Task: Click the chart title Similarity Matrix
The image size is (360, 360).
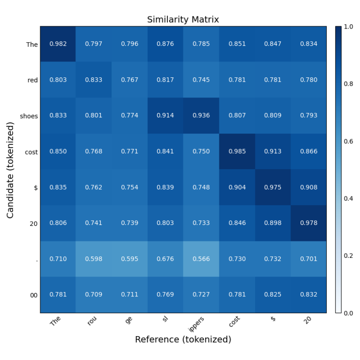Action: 183,20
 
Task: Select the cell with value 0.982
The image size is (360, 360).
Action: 58,44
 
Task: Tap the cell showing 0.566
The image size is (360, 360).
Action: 201,259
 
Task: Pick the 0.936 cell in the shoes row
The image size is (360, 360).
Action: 201,116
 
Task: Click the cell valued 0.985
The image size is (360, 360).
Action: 237,151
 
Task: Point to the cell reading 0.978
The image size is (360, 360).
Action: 308,223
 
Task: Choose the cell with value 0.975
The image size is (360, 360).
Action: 273,187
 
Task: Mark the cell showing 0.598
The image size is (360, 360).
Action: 94,259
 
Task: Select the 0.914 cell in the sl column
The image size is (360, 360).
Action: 165,116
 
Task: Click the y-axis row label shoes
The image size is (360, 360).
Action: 29,116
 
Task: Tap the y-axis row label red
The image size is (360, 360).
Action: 32,80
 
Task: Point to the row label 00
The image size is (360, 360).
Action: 34,295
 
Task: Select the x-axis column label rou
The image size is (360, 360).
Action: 91,322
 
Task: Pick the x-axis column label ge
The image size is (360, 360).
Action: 128,320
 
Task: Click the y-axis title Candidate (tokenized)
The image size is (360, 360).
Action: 10,170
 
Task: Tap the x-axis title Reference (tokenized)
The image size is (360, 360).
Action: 183,339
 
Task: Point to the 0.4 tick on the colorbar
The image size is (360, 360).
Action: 349,199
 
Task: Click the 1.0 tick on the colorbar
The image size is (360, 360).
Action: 349,27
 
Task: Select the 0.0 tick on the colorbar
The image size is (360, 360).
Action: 349,313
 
